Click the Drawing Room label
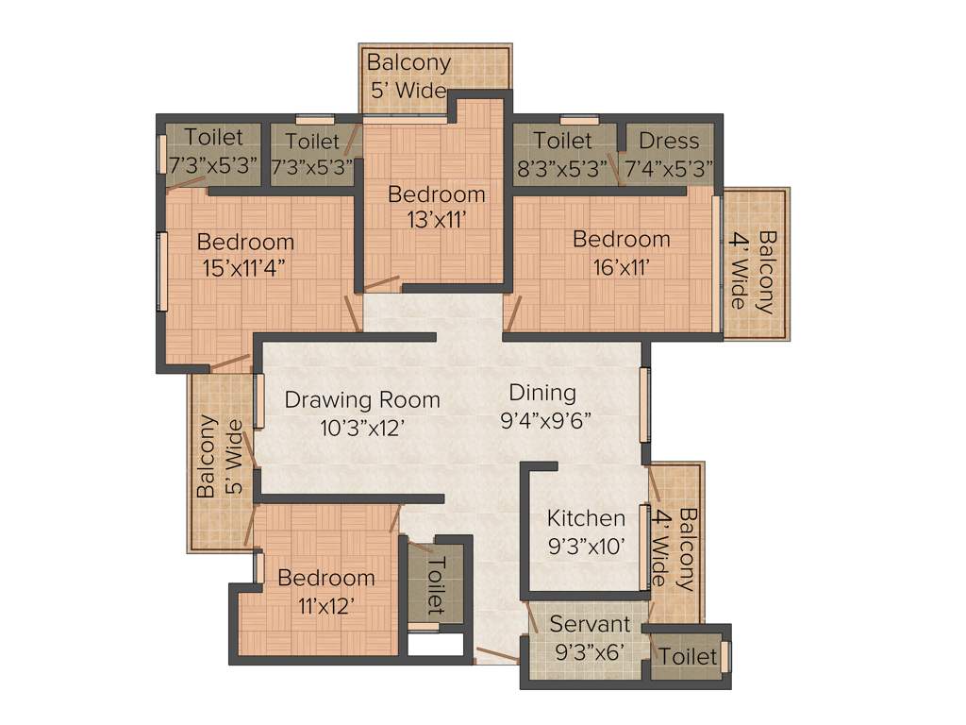click(362, 399)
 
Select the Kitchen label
click(586, 518)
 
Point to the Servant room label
click(590, 624)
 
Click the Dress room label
click(669, 141)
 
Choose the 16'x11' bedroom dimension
click(623, 266)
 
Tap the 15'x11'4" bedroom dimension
click(245, 268)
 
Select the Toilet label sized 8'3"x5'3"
click(562, 141)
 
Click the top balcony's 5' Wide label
click(408, 91)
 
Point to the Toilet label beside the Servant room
click(688, 655)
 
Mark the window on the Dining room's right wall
click(645, 405)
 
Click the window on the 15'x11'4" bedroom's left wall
click(161, 271)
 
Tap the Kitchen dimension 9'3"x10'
click(586, 546)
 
